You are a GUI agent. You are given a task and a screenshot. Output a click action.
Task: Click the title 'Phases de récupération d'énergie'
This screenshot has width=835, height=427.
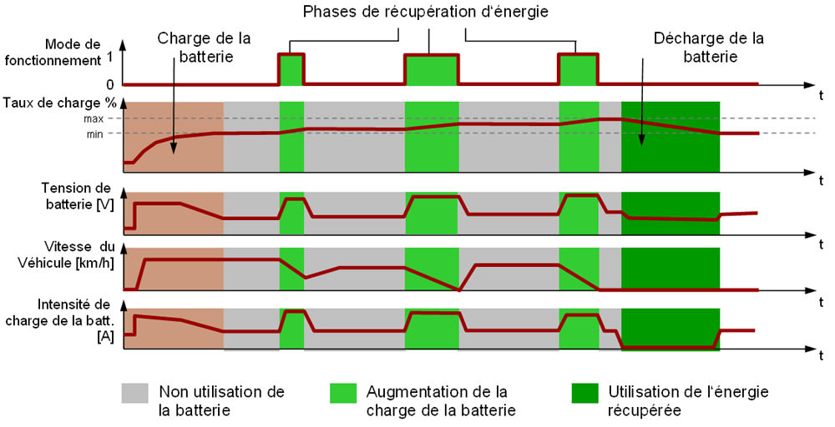coord(426,12)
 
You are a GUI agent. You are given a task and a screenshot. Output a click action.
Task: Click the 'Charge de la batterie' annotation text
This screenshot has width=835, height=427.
coord(205,48)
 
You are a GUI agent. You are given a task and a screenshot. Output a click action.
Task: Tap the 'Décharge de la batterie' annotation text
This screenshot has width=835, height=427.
coord(709,48)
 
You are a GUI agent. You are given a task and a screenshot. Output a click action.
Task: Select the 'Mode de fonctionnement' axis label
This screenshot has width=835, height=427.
coord(53,52)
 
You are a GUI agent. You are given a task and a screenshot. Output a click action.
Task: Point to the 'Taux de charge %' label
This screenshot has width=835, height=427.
coord(59,103)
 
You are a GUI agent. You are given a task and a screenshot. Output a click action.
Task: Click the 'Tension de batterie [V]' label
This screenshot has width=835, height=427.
coord(78,196)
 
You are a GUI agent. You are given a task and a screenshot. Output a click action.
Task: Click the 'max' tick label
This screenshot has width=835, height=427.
coord(94,118)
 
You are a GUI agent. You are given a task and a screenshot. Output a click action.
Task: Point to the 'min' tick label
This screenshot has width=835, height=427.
coord(95,134)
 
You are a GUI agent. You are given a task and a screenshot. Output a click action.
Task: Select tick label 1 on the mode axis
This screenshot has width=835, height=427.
coord(110,55)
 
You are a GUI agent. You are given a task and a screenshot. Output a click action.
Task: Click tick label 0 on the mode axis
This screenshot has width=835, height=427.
coord(109,84)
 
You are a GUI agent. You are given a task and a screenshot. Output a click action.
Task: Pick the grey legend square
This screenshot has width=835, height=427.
coord(134,394)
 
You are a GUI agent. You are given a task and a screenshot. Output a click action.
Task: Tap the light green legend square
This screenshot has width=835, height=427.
coord(343,394)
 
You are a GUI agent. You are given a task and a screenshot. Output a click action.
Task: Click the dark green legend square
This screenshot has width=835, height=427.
coord(584,394)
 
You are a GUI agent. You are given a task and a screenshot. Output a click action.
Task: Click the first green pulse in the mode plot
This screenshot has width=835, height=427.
coord(291,69)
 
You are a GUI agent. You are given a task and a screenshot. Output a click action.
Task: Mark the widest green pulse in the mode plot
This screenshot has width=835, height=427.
coord(432,70)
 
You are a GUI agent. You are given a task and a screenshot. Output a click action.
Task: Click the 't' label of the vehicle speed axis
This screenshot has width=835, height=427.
coord(822,303)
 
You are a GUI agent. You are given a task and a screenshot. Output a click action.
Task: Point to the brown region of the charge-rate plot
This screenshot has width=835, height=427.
coord(174,137)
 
